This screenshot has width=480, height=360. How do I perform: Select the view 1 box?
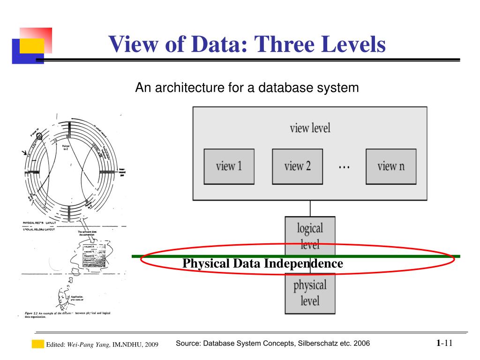[229, 166]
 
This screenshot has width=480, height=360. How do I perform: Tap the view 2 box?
[297, 166]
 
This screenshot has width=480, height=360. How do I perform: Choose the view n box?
[390, 166]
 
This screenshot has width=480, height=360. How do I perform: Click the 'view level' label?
[310, 127]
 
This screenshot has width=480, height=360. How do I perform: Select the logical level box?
[310, 234]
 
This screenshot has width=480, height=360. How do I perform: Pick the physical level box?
[310, 293]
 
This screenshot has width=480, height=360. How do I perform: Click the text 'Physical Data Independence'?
[262, 263]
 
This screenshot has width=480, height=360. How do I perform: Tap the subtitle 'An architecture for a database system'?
[247, 88]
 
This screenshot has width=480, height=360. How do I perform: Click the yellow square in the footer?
[37, 345]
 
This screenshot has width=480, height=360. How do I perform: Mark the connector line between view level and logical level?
[310, 208]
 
